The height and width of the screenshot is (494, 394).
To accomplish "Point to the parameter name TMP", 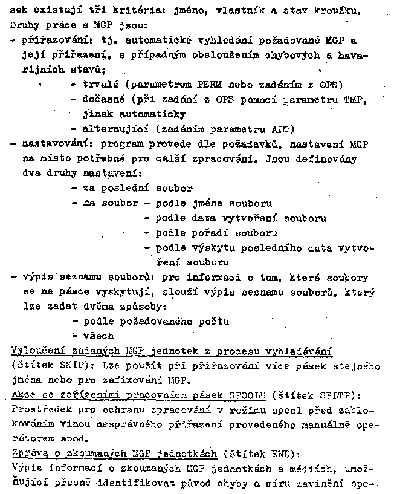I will coord(357,99).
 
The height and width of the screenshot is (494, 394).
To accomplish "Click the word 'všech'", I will coord(98,336).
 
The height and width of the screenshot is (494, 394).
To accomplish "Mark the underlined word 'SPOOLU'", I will coord(246,396).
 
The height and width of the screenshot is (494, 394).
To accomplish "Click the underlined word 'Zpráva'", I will coord(27,455).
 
